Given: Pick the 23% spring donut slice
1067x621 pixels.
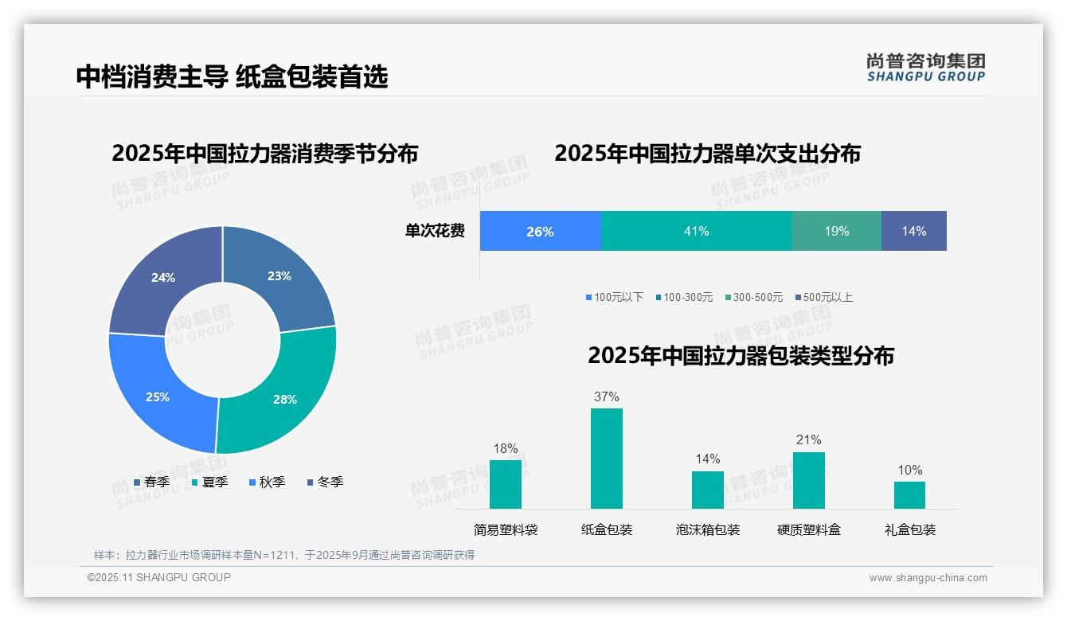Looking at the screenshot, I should (279, 275).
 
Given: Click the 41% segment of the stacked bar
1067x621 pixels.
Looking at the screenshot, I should (696, 231).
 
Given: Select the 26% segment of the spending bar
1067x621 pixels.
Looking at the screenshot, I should (540, 231).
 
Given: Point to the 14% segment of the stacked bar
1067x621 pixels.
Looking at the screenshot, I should (913, 231).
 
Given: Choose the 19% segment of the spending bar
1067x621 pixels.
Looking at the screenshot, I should (836, 231).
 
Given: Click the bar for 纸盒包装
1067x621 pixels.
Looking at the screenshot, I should (606, 459).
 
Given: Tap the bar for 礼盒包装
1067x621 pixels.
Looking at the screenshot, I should (909, 495).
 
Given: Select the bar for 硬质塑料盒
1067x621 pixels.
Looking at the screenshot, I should (808, 480).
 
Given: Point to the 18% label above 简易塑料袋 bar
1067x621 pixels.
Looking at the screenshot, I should (506, 448).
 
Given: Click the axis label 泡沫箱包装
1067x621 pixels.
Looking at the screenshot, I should (708, 529).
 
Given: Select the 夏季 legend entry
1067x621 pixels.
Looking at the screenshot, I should (210, 482).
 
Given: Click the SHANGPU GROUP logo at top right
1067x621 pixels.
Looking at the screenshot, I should (925, 68).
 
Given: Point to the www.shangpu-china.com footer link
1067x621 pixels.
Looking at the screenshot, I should (928, 578).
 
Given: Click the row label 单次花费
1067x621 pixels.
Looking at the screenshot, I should (435, 231).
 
